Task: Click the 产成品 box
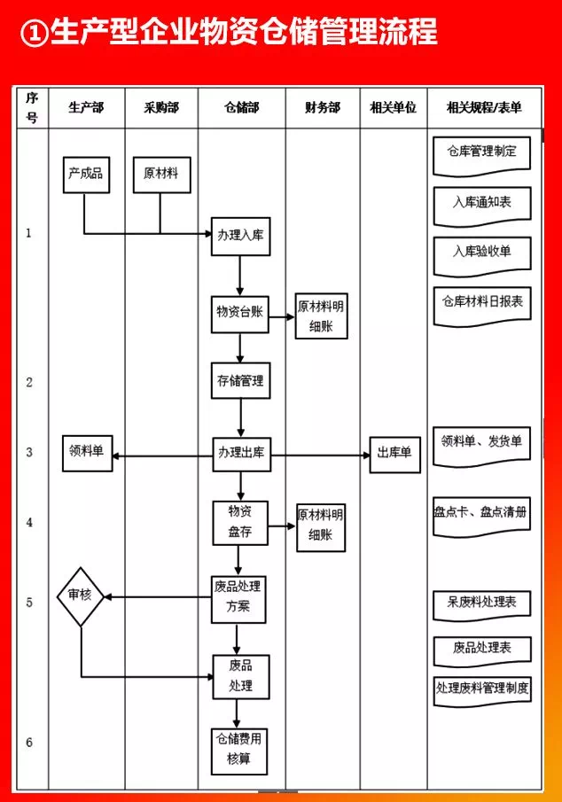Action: (x=85, y=175)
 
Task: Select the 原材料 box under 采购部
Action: (x=160, y=175)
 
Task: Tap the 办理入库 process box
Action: (x=239, y=237)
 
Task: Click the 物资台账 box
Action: (x=239, y=313)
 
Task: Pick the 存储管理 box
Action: (x=239, y=381)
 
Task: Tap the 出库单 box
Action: (x=394, y=454)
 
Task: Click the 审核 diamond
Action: (x=81, y=596)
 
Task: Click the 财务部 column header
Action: (x=322, y=108)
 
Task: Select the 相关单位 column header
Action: (x=393, y=108)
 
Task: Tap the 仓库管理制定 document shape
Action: (x=481, y=152)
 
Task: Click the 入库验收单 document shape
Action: (x=481, y=253)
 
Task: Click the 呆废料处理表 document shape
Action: (x=481, y=603)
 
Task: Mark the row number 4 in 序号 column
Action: (x=29, y=522)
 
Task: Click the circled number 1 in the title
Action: (x=33, y=34)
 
